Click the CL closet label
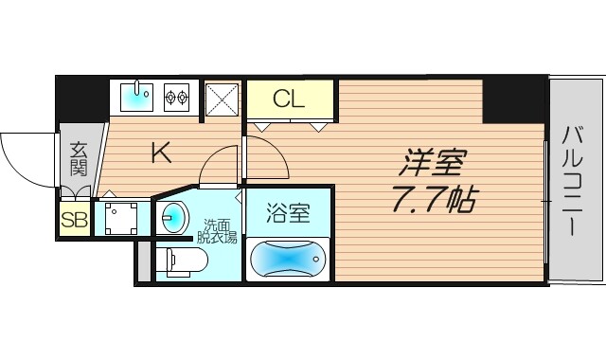[290, 98]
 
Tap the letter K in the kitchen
[161, 153]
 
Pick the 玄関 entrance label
[78, 159]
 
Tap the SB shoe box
[73, 220]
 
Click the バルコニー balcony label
[576, 180]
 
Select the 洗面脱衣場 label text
[220, 231]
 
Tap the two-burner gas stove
[176, 95]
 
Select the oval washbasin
[171, 218]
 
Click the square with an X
[223, 97]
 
